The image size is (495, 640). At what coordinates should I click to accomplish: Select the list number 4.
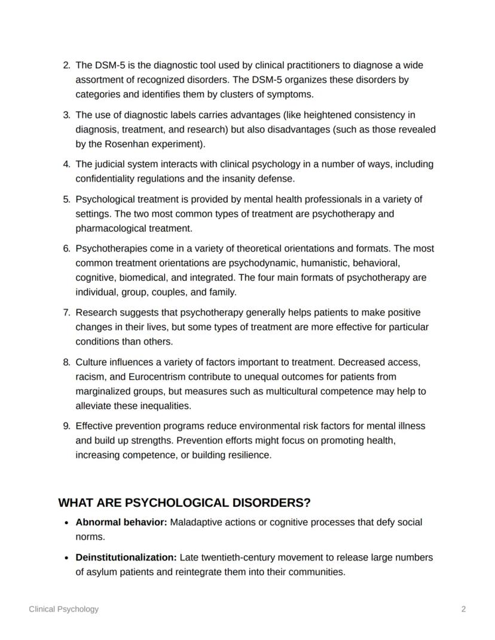(x=66, y=164)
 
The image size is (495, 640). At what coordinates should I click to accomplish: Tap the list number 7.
(x=66, y=313)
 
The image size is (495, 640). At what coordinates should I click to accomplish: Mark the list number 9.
(x=66, y=426)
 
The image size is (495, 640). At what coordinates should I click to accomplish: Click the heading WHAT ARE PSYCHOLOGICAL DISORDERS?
(x=184, y=503)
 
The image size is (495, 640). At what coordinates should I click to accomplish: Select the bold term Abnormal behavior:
(x=121, y=522)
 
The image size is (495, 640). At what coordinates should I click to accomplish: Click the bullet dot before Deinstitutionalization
(x=66, y=558)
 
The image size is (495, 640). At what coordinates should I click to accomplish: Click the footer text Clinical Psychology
(x=64, y=609)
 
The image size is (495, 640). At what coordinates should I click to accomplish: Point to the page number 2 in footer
(x=463, y=609)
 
